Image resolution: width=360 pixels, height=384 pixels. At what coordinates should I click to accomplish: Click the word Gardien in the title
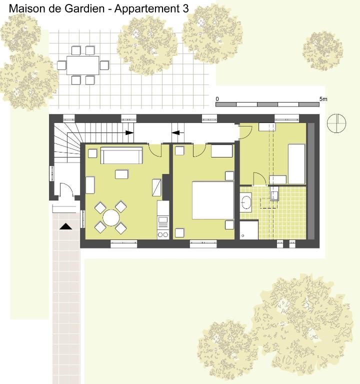coord(84,8)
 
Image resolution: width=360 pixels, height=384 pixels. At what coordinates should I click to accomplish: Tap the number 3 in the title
coord(185,8)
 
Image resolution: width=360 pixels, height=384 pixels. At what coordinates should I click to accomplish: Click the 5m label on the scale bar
coord(323,99)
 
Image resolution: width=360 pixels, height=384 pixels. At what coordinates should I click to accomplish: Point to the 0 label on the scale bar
coord(217,99)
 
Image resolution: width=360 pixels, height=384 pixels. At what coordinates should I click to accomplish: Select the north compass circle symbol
coord(336,123)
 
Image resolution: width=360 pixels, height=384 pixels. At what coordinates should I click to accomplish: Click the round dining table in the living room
coord(111,217)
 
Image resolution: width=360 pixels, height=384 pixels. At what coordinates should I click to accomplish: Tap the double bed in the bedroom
coord(213,200)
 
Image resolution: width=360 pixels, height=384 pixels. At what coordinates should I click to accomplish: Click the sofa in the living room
coord(121,155)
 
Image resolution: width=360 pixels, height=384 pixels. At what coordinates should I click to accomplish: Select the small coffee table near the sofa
coord(121,174)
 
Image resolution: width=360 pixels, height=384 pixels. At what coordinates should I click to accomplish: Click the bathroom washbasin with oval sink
coord(245,202)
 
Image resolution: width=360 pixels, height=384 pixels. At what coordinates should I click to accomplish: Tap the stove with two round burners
coord(163,234)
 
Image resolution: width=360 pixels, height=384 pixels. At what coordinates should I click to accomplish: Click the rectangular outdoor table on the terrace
coord(83,65)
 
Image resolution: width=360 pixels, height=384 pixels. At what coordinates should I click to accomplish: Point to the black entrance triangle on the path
coord(65,226)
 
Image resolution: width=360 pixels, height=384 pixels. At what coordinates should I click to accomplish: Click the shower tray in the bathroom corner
coord(249,229)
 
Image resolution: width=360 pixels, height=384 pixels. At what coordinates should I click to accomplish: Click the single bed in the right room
coord(296,164)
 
